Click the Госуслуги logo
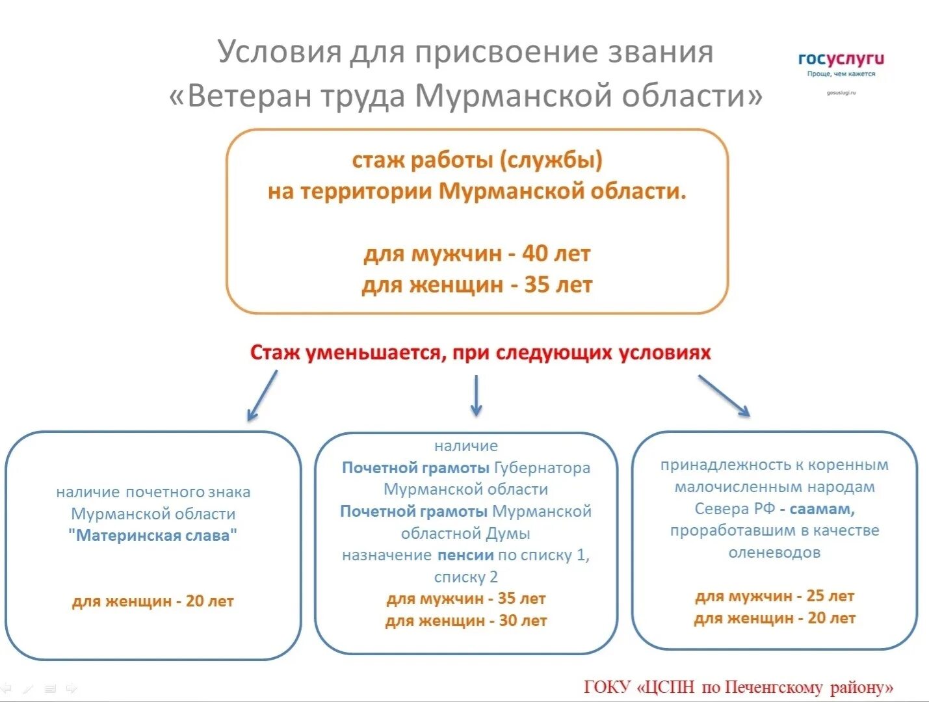[x=841, y=60]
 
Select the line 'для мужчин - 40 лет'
[x=477, y=253]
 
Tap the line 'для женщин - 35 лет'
[x=477, y=285]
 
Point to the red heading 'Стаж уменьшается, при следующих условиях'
[x=480, y=353]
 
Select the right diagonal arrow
[x=724, y=395]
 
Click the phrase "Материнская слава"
[x=153, y=536]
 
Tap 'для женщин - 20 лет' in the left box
[x=153, y=601]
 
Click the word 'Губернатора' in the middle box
[x=542, y=468]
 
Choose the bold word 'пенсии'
[x=465, y=555]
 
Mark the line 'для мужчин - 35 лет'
[x=465, y=599]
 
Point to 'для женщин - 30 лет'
[x=465, y=621]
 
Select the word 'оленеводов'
[x=774, y=552]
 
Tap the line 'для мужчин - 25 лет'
[x=774, y=596]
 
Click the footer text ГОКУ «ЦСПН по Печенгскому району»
[x=739, y=687]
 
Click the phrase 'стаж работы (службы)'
[x=477, y=160]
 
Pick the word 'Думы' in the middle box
[x=508, y=534]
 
